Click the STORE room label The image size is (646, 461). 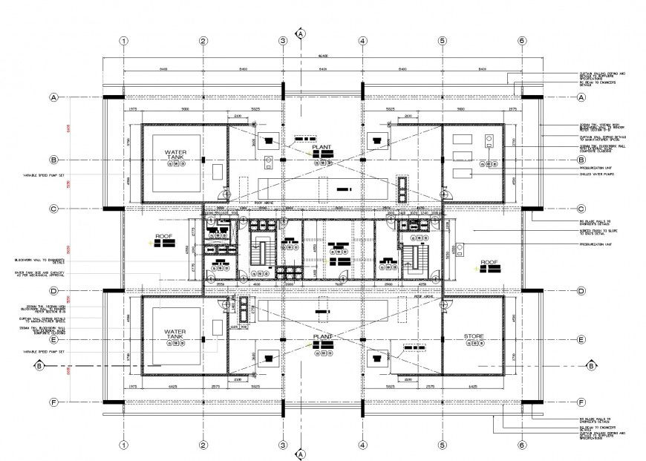[474, 337]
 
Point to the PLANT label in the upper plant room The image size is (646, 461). [322, 148]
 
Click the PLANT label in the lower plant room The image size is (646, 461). [322, 336]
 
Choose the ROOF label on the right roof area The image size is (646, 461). [489, 262]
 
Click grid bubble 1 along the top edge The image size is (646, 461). [124, 42]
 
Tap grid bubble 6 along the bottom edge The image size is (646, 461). [522, 445]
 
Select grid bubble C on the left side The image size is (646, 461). [53, 209]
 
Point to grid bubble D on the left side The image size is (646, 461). [53, 290]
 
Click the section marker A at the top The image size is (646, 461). [301, 33]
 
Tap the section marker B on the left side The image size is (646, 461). [39, 365]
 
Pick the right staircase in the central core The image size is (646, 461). [414, 256]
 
